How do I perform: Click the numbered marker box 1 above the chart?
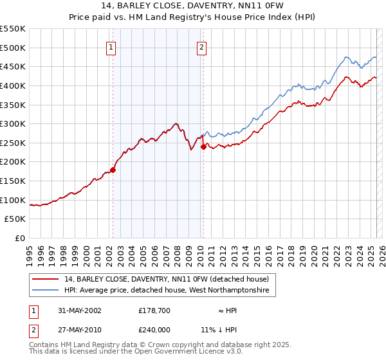[111, 46]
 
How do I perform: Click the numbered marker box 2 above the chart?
[202, 46]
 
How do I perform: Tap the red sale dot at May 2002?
[113, 170]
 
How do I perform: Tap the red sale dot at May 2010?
[203, 147]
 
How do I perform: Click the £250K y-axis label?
[13, 143]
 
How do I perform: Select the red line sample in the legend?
[46, 279]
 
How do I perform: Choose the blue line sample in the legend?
[46, 291]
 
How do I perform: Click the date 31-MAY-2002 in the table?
[79, 310]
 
